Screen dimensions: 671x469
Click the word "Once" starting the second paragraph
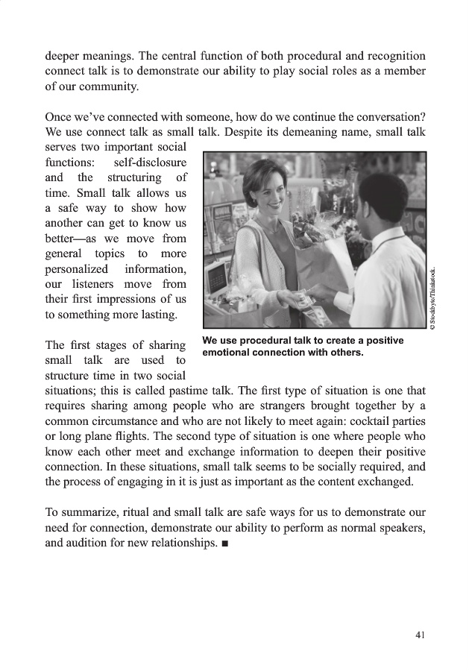[59, 118]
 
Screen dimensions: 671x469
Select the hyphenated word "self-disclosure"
[151, 163]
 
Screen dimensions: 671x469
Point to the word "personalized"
[76, 268]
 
